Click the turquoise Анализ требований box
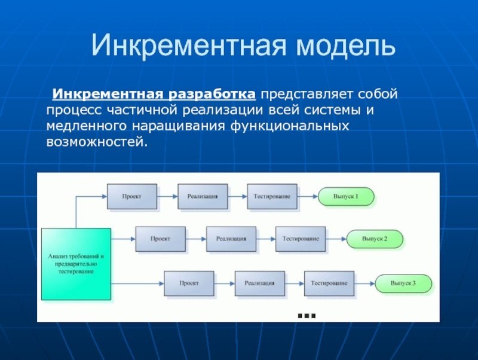tap(76, 264)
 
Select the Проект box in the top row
tap(132, 197)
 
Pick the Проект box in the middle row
tap(160, 239)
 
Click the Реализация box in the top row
tap(203, 197)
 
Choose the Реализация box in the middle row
tap(231, 239)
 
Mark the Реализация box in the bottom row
tap(260, 283)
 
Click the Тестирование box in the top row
tap(272, 197)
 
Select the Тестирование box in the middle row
tap(301, 239)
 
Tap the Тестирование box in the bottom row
tap(329, 283)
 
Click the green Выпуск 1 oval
tap(346, 196)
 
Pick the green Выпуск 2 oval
tap(375, 239)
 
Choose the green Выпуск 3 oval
tap(403, 283)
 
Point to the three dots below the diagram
tap(306, 315)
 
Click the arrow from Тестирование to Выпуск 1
tap(307, 197)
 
